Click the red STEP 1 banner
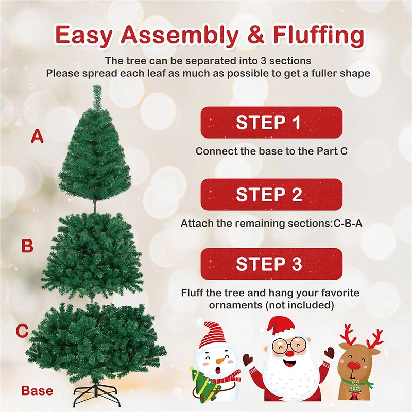coord(271,123)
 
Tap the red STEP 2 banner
coord(271,194)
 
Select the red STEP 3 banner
coord(271,264)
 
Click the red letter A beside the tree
coord(37,136)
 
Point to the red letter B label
coord(27,246)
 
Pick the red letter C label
coord(22,331)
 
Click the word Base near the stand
coord(37,391)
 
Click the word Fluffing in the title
coord(304,36)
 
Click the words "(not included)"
coord(304,305)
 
